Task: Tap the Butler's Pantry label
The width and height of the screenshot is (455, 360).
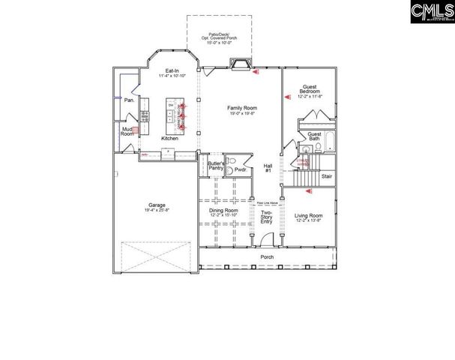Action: [216, 166]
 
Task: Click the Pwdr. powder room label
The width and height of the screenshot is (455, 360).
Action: [241, 170]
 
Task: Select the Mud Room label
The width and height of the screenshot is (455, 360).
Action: [127, 130]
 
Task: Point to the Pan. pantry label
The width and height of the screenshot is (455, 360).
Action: [130, 100]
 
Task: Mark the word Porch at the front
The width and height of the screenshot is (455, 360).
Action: [266, 256]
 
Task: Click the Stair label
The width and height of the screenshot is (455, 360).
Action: [326, 177]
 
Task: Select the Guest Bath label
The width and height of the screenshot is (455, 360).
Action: [315, 136]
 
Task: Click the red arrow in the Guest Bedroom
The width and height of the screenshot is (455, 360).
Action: [286, 97]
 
